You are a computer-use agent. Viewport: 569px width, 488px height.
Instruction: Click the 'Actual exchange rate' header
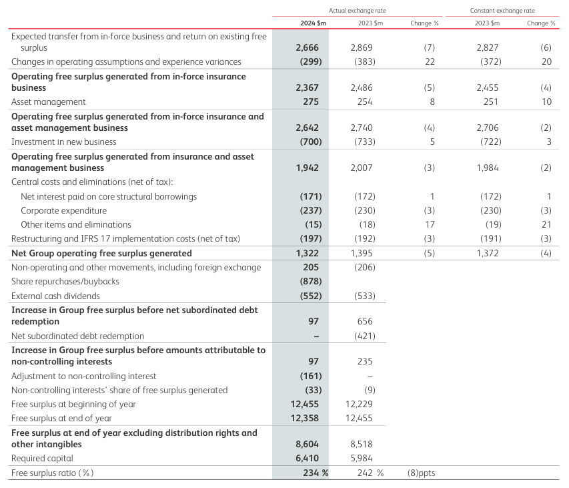coord(357,11)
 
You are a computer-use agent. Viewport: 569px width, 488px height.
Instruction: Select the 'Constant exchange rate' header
coord(502,11)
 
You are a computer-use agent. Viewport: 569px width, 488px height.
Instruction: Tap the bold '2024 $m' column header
coord(313,23)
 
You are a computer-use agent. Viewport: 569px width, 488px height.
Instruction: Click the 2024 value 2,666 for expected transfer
coord(307,47)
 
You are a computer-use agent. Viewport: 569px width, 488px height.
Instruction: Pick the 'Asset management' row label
coord(48,102)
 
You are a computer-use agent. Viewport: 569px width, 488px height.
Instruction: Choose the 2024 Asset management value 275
coord(311,101)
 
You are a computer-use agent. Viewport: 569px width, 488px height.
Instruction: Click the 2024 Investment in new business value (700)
coord(311,142)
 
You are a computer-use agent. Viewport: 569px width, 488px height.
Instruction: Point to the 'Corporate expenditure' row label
coord(63,210)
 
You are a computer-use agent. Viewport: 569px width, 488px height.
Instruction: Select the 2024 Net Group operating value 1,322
coord(307,253)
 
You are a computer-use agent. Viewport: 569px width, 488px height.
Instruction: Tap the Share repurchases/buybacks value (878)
coord(311,282)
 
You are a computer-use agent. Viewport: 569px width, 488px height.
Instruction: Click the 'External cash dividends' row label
coord(55,296)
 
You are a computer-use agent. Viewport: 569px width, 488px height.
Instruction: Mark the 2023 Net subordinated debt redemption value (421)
coord(365,336)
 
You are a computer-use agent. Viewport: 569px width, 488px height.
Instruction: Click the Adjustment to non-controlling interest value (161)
coord(311,376)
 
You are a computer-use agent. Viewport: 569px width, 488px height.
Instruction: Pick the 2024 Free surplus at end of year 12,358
coord(304,419)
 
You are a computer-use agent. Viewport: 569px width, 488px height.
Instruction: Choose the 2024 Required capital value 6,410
coord(307,458)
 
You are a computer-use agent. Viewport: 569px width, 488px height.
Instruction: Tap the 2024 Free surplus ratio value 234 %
coord(316,473)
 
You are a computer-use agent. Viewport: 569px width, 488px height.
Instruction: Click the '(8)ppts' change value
coord(422,473)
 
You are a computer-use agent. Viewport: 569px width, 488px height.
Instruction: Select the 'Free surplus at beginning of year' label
coord(73,404)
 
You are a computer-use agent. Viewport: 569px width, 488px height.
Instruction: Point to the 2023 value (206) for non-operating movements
coord(365,267)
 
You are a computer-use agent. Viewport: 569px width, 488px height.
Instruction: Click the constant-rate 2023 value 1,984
coord(488,168)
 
